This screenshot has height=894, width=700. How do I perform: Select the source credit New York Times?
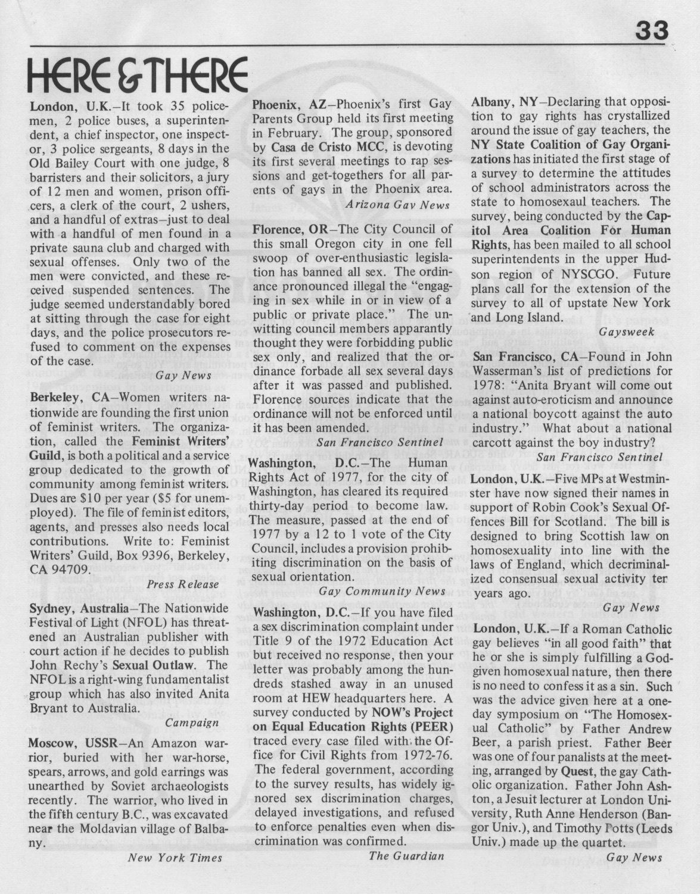[175, 857]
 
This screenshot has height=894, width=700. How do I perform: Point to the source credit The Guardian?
[406, 856]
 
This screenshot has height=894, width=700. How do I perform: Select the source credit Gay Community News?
[382, 591]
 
